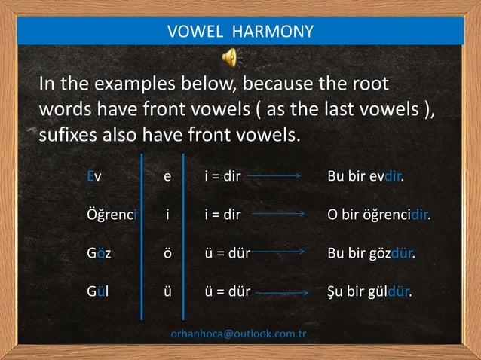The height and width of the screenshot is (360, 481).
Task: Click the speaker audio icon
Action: pos(230,56)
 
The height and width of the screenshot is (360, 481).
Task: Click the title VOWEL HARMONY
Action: pos(240,31)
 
